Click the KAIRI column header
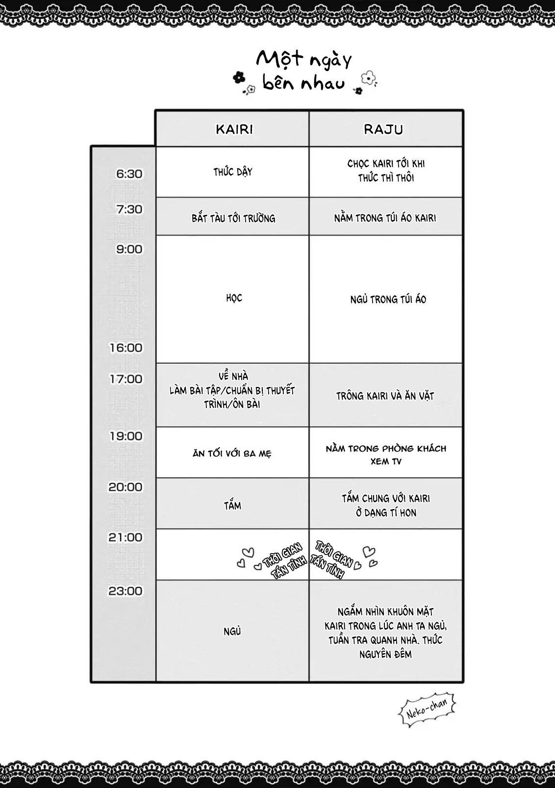pos(234,129)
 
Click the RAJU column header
pos(383,129)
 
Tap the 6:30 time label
pos(129,174)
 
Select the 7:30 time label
pos(129,209)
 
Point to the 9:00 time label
pos(129,249)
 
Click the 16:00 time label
pos(126,348)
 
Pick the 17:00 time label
pos(126,379)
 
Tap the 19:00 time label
pos(126,436)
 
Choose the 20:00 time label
pos(126,487)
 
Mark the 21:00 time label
pos(126,537)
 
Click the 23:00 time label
pos(126,591)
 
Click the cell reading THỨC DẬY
pos(233,172)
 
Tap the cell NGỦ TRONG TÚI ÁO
pos(388,299)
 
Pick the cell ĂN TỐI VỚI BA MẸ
pos(232,454)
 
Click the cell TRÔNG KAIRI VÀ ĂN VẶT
pos(385,396)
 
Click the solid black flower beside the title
pos(239,77)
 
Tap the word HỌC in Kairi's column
pos(234,298)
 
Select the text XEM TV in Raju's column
pos(386,462)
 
